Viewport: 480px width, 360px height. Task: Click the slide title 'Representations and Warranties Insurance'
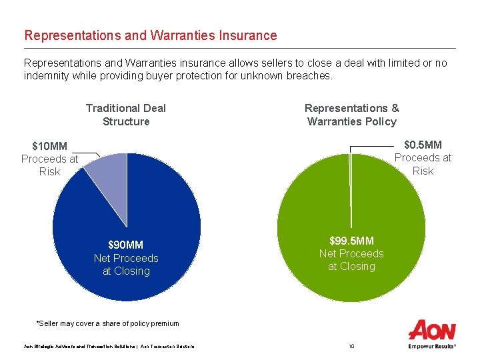point(150,35)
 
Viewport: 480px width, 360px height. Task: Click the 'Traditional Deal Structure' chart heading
point(126,115)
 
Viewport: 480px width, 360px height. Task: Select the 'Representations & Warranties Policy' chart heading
point(351,115)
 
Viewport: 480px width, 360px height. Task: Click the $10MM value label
point(50,146)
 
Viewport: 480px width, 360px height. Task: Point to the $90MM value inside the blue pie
point(126,245)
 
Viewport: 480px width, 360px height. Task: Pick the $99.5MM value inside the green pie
point(351,240)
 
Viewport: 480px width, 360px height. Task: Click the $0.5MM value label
point(423,145)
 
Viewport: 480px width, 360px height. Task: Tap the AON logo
point(432,330)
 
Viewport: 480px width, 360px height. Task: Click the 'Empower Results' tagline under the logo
point(432,346)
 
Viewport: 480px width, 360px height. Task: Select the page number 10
point(351,346)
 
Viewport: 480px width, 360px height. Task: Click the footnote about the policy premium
point(107,323)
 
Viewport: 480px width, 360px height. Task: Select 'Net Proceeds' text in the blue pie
point(126,258)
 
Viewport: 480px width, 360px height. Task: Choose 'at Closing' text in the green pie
point(351,267)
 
